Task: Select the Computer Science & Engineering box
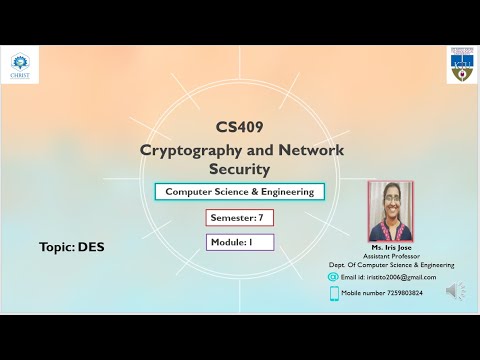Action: [x=239, y=191]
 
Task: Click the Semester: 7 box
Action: [x=239, y=217]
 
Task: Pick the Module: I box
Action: [x=239, y=242]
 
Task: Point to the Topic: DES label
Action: [x=72, y=246]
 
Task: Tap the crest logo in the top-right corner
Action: [x=460, y=64]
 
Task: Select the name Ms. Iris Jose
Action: [x=391, y=246]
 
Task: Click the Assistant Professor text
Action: [x=391, y=255]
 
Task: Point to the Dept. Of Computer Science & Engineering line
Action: [x=392, y=265]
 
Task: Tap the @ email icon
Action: [x=333, y=277]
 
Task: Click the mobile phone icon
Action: [x=334, y=293]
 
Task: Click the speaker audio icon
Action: [x=455, y=291]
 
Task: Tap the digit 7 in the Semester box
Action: [x=260, y=217]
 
